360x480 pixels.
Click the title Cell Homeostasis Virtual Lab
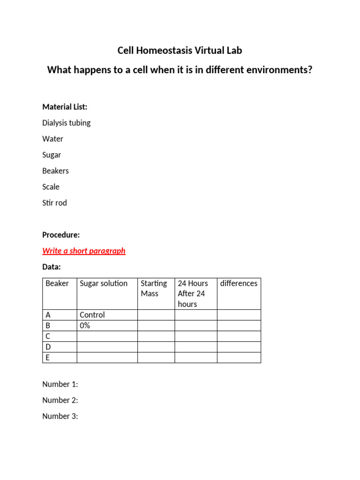pyautogui.click(x=180, y=51)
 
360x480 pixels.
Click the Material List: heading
pyautogui.click(x=65, y=107)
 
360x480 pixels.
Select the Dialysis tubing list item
pyautogui.click(x=66, y=123)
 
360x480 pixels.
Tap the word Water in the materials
pyautogui.click(x=52, y=139)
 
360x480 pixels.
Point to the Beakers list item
pyautogui.click(x=55, y=171)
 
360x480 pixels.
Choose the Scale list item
pyautogui.click(x=51, y=187)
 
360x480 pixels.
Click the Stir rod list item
pyautogui.click(x=54, y=202)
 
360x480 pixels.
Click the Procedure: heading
pyautogui.click(x=61, y=235)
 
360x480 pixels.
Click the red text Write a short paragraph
pyautogui.click(x=84, y=251)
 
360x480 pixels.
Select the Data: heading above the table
pyautogui.click(x=51, y=267)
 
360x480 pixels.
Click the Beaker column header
pyautogui.click(x=57, y=283)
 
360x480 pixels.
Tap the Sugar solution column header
pyautogui.click(x=104, y=283)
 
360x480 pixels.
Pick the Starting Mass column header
pyautogui.click(x=154, y=288)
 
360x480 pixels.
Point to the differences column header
pyautogui.click(x=239, y=283)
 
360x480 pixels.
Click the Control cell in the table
pyautogui.click(x=92, y=315)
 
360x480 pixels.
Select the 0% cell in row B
pyautogui.click(x=85, y=325)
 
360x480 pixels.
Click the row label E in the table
pyautogui.click(x=48, y=358)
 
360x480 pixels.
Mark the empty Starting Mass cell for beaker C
pyautogui.click(x=156, y=336)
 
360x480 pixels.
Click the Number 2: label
pyautogui.click(x=60, y=400)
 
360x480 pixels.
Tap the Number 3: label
pyautogui.click(x=60, y=416)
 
